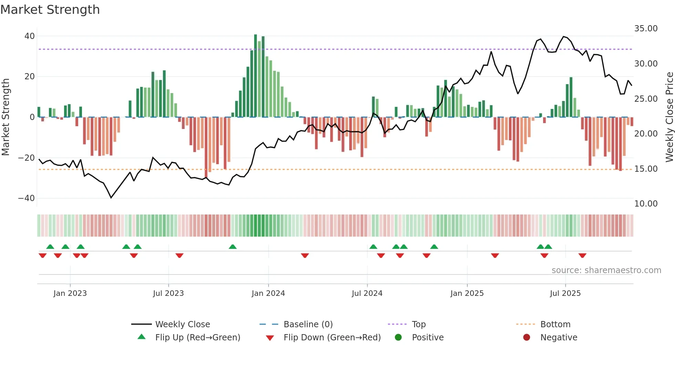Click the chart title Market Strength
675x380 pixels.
click(x=50, y=10)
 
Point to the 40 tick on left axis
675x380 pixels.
click(x=30, y=36)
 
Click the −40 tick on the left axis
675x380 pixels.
click(x=27, y=198)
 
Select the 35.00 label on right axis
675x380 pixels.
click(x=646, y=29)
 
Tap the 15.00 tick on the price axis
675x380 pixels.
click(x=646, y=169)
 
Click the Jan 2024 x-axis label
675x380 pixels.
click(x=268, y=293)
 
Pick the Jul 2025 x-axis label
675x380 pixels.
click(x=565, y=293)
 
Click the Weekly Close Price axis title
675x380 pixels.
click(x=669, y=117)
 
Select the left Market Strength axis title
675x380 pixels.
click(x=6, y=117)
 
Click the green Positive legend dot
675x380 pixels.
click(x=398, y=338)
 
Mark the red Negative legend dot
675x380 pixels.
click(x=527, y=338)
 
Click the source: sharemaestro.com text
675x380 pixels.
click(x=606, y=270)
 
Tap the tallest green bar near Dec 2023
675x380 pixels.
click(x=256, y=76)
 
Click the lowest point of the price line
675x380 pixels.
click(x=111, y=198)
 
